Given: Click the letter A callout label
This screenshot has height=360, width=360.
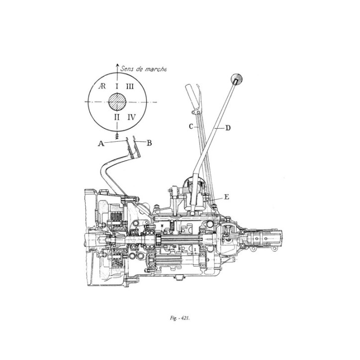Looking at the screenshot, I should click(x=101, y=143).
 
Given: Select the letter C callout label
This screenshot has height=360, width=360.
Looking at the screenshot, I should click(x=190, y=127).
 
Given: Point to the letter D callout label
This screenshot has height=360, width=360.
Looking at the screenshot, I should click(x=227, y=128).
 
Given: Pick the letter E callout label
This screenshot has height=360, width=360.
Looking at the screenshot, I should click(x=226, y=197).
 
